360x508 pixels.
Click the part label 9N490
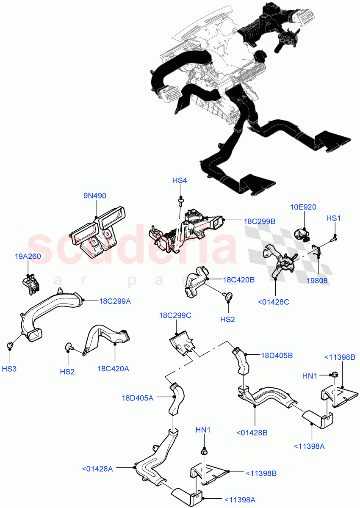tap(95, 196)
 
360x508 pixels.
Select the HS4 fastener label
tap(180, 181)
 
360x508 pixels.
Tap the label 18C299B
tap(260, 221)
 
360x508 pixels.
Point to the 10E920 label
tap(303, 207)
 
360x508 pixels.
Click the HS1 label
tap(333, 218)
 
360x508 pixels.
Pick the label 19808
tap(317, 280)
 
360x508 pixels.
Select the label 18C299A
tap(115, 301)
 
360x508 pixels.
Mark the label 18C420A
tap(114, 369)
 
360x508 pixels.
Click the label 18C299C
tap(175, 315)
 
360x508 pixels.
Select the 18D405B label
tap(277, 356)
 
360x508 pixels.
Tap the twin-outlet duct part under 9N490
tap(99, 231)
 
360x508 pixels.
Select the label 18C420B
tap(238, 280)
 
